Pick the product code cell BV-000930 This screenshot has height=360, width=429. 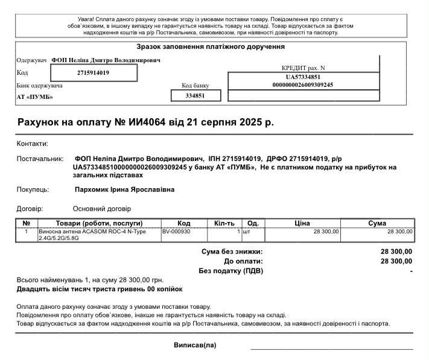(176, 232)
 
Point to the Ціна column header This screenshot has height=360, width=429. (302, 223)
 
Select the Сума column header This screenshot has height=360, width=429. (377, 223)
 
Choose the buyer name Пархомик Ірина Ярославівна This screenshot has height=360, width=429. (124, 190)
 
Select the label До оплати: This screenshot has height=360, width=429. (243, 261)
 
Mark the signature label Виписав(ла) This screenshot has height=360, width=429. (194, 346)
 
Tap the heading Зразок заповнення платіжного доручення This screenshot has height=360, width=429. (211, 47)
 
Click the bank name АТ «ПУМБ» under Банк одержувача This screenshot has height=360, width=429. (34, 96)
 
